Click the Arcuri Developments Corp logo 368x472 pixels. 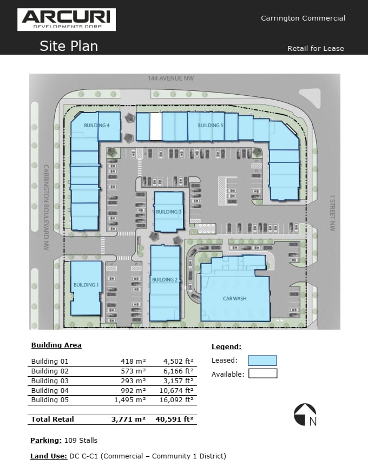click(67, 19)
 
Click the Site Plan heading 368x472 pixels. click(69, 46)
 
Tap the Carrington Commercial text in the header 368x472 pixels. click(303, 18)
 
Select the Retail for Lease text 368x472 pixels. click(316, 48)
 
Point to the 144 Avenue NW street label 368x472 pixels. click(170, 78)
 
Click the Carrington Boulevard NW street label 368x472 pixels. click(47, 207)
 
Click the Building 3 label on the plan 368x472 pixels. click(168, 212)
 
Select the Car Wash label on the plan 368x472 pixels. click(235, 298)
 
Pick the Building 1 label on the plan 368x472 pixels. click(86, 285)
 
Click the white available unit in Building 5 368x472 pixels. click(155, 127)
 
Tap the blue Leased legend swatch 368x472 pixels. click(262, 360)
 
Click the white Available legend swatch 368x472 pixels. click(262, 373)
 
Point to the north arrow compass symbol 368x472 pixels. click(305, 415)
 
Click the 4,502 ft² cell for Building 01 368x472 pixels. click(178, 361)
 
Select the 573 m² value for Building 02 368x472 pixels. click(133, 371)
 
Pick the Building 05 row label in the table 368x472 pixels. click(50, 399)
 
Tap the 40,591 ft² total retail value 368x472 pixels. click(174, 419)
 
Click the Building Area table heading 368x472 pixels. click(56, 345)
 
